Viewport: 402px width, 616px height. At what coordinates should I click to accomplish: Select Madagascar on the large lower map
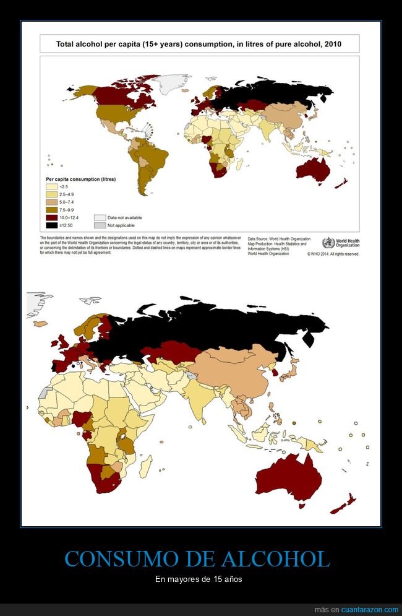pos(145,465)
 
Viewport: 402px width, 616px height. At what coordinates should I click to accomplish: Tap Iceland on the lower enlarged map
pos(41,323)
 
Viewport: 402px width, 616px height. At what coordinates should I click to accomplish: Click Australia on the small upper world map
pos(312,169)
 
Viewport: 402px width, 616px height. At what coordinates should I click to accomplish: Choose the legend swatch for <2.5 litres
pos(50,186)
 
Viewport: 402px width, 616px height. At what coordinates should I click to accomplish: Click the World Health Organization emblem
pos(328,243)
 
